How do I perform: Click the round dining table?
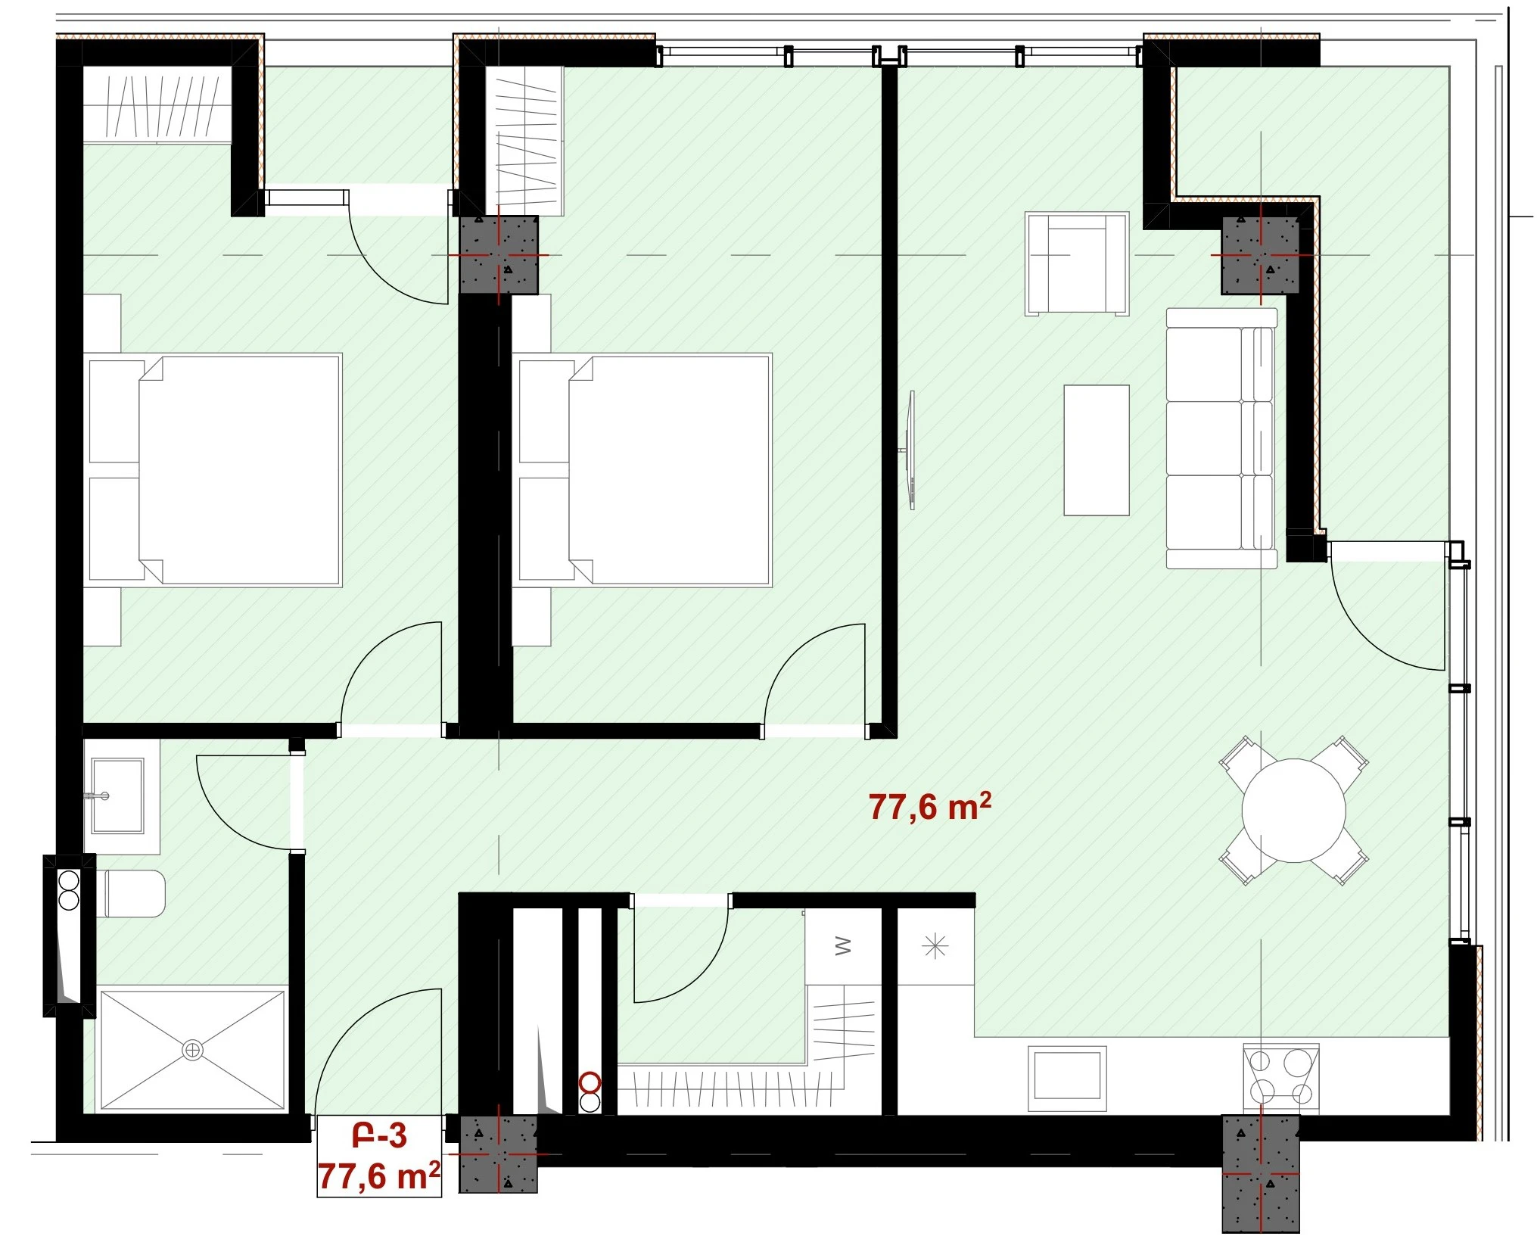click(1293, 811)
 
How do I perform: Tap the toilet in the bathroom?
click(132, 893)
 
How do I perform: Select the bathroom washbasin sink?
click(117, 796)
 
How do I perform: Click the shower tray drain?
click(193, 1050)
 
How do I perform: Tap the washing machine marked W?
click(843, 946)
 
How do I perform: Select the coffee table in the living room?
click(1097, 450)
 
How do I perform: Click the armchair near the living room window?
click(1077, 263)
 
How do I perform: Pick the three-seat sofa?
click(1221, 437)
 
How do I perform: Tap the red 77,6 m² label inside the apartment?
click(929, 807)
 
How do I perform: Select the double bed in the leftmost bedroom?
click(215, 470)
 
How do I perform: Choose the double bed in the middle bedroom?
click(643, 470)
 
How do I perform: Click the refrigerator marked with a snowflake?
click(935, 946)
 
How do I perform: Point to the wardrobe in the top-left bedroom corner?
click(157, 104)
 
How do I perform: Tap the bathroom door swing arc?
click(244, 802)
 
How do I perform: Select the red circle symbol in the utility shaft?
click(590, 1082)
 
